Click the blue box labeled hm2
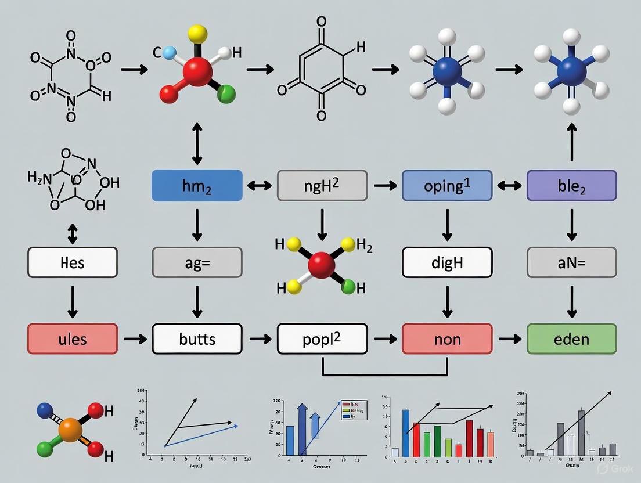point(197,186)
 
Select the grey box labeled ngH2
point(322,186)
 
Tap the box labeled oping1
point(447,186)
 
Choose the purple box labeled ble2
point(572,186)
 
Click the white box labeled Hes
point(73,262)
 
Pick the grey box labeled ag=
point(197,262)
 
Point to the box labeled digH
point(447,262)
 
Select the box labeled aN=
point(572,262)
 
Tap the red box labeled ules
point(73,339)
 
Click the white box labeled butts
point(197,339)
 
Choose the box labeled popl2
point(322,339)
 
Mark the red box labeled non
point(447,339)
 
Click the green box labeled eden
point(572,339)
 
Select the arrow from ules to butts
point(135,339)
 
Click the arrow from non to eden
point(509,339)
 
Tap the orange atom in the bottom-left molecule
point(70,431)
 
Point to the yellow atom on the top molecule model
point(197,33)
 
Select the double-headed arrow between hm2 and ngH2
point(260,186)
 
